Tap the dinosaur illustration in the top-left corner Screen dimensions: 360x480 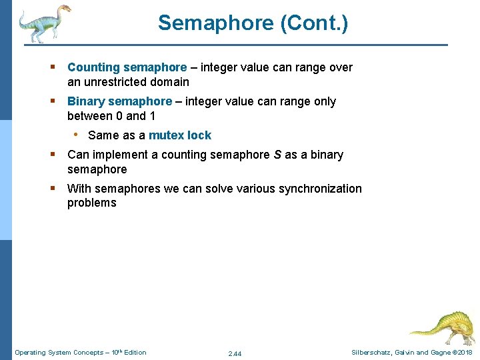(44, 23)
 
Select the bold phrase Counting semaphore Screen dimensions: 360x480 (127, 67)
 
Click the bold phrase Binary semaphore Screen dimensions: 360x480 (119, 101)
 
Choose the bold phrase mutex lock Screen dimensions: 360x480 (179, 135)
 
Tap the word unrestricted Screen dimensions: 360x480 (120, 82)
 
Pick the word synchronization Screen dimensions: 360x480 (313, 189)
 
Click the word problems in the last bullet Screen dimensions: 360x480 (91, 203)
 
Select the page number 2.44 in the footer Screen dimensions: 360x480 (234, 353)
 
